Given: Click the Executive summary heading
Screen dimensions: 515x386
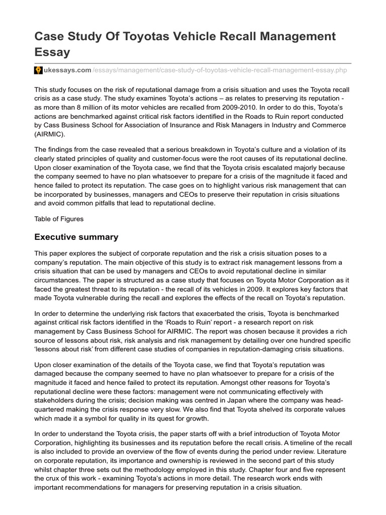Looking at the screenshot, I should tap(76, 236).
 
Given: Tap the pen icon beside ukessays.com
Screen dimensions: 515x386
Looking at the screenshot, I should tap(38, 70).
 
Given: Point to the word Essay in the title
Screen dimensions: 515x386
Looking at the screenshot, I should tap(52, 52).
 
